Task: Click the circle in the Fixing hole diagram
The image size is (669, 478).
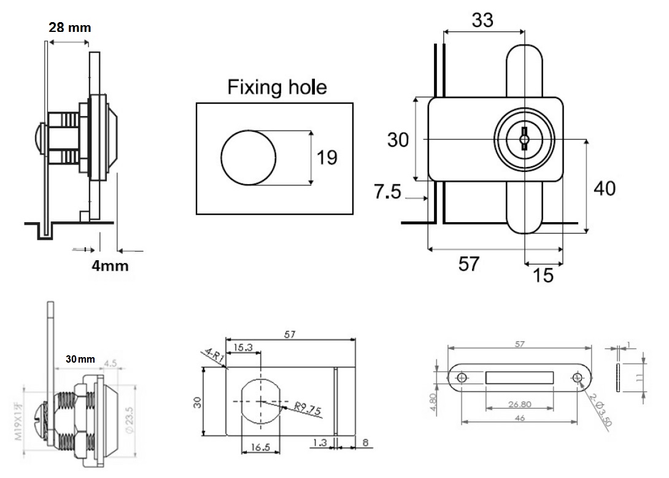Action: click(247, 158)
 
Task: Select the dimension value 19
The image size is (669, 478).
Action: click(327, 158)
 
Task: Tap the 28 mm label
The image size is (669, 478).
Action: click(69, 27)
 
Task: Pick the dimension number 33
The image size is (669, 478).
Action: click(483, 20)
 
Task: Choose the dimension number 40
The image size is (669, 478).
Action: click(605, 188)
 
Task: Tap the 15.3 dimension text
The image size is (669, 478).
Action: click(242, 347)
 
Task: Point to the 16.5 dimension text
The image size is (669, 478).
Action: click(260, 449)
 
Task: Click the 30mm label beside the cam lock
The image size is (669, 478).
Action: click(80, 360)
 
